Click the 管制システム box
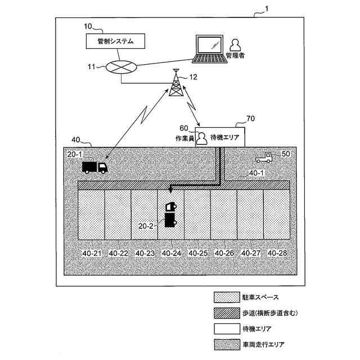(114, 41)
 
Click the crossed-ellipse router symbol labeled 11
(121, 67)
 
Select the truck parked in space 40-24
(170, 214)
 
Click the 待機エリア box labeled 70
(224, 137)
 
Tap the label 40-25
(197, 254)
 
